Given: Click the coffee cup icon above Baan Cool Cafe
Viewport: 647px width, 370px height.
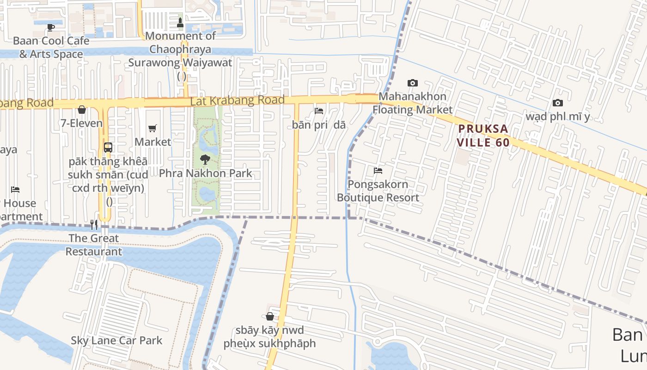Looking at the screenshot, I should pos(51,27).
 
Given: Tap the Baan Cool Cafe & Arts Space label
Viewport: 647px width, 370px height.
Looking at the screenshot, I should pos(51,47).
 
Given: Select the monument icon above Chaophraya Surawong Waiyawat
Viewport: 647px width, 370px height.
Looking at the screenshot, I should pos(180,22).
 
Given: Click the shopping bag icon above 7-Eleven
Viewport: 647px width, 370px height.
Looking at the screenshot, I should pos(82,110).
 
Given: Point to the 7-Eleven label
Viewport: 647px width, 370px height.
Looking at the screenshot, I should pos(82,123).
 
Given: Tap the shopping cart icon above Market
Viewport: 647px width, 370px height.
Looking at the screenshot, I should pos(153,128).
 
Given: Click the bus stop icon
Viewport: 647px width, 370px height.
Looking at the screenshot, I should pos(108,148).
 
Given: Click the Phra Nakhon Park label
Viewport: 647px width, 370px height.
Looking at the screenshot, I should pos(205,173).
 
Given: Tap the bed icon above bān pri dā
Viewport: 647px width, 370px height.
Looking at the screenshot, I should pos(319,111).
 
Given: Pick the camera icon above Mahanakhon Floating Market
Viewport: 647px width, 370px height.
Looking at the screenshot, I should pos(413,83).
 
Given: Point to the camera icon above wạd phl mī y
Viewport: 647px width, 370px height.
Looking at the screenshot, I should pos(558,103).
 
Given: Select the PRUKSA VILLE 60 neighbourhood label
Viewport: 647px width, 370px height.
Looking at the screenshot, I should pos(483,135).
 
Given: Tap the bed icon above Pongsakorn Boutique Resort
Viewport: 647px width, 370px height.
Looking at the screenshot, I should pos(378,171).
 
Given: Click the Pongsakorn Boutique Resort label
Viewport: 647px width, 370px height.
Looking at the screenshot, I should pos(378,191).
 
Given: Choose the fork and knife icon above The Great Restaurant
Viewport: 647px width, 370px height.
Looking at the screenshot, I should pos(94,225).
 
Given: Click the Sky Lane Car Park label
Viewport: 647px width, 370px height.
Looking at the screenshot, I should pos(116,340).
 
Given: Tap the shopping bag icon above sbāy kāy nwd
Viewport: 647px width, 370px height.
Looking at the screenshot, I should pos(270,316).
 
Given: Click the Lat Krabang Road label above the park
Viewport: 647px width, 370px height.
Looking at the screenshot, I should pos(237,100).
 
